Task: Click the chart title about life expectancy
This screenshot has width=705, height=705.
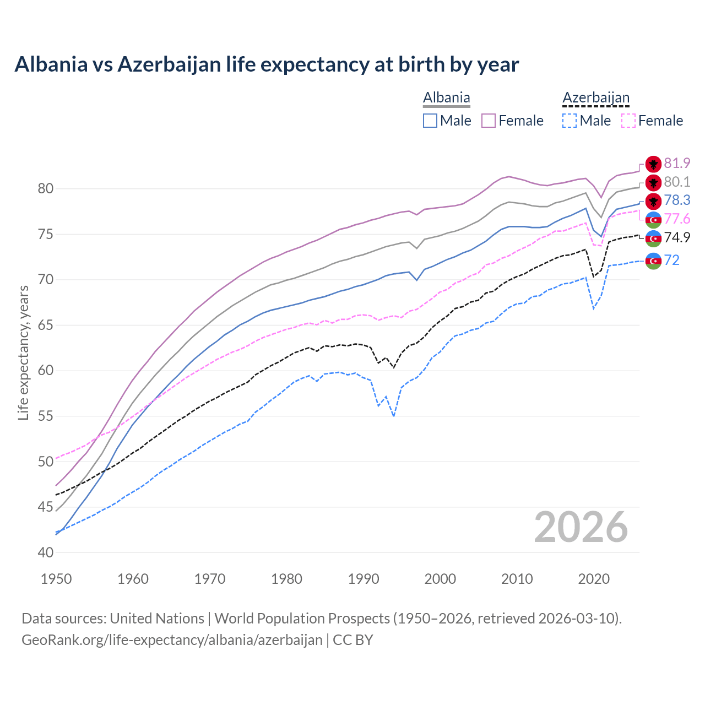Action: pyautogui.click(x=267, y=64)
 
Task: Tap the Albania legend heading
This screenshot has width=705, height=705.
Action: pyautogui.click(x=446, y=98)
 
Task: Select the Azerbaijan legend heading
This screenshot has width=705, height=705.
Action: pyautogui.click(x=595, y=98)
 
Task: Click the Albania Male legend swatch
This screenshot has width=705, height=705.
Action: pyautogui.click(x=430, y=121)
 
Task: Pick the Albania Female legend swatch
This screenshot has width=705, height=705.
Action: pyautogui.click(x=489, y=121)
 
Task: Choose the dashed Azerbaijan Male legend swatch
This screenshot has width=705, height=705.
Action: pyautogui.click(x=570, y=121)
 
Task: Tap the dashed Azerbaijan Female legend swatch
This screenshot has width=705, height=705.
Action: pyautogui.click(x=628, y=121)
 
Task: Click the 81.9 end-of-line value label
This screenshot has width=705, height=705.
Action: pyautogui.click(x=677, y=164)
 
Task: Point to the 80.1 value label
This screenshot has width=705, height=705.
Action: pyautogui.click(x=677, y=182)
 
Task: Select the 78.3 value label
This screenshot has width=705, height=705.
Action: pyautogui.click(x=677, y=200)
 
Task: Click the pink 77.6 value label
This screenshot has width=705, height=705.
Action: pyautogui.click(x=677, y=219)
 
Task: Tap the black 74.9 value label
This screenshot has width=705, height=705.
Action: pyautogui.click(x=677, y=238)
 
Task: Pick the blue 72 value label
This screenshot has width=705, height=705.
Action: pyautogui.click(x=671, y=260)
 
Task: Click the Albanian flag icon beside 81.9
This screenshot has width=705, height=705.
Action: pyautogui.click(x=653, y=164)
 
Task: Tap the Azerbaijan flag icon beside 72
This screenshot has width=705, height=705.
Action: pyautogui.click(x=653, y=261)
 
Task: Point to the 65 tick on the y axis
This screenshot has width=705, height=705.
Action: pyautogui.click(x=46, y=326)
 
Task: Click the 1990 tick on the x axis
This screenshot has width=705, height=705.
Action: pyautogui.click(x=364, y=579)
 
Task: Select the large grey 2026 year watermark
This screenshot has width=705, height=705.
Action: pyautogui.click(x=581, y=528)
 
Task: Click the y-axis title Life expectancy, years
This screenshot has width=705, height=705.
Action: pyautogui.click(x=23, y=352)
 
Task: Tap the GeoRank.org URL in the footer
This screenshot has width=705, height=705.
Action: pyautogui.click(x=172, y=640)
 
